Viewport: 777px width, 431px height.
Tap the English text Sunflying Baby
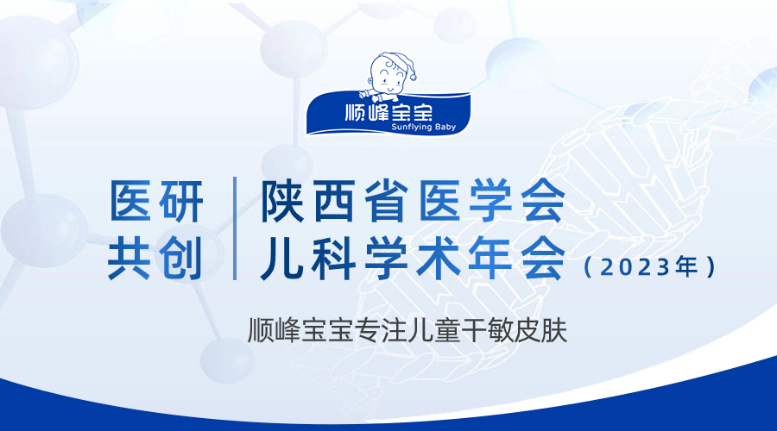pos(423,128)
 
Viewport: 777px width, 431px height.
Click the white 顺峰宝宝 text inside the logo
pos(388,112)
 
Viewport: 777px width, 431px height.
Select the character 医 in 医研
pos(129,201)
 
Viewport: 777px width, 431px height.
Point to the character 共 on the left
pos(129,258)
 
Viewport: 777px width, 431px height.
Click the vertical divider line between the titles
pos(235,228)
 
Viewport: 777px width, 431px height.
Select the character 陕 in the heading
pos(282,200)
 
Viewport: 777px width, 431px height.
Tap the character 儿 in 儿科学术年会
pos(282,258)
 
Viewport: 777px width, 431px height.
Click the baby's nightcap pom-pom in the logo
pos(414,77)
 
